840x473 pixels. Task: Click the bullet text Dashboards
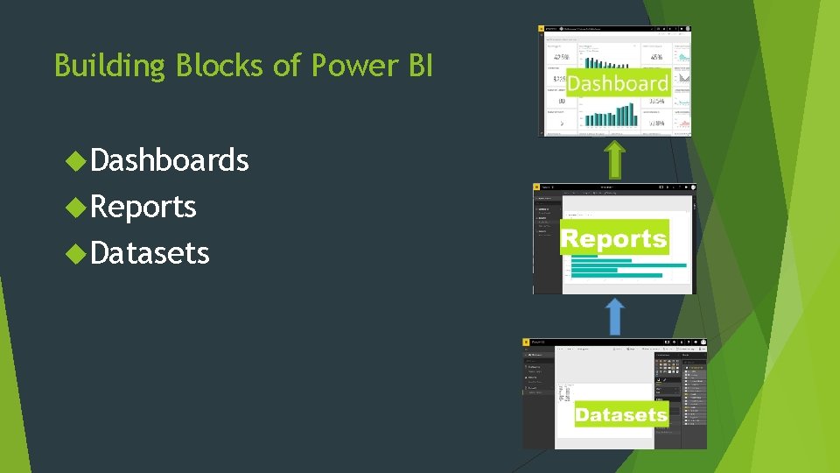[170, 160]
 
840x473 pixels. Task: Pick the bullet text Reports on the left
[143, 207]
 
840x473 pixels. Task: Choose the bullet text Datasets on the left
[150, 253]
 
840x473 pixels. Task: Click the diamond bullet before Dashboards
[77, 160]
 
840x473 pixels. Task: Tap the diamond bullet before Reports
[77, 207]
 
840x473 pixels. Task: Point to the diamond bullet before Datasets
[77, 253]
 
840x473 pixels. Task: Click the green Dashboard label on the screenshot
[618, 83]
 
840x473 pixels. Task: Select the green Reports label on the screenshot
[613, 238]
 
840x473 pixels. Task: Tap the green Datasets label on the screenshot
[621, 415]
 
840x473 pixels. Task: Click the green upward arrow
[615, 159]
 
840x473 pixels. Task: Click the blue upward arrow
[615, 316]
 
